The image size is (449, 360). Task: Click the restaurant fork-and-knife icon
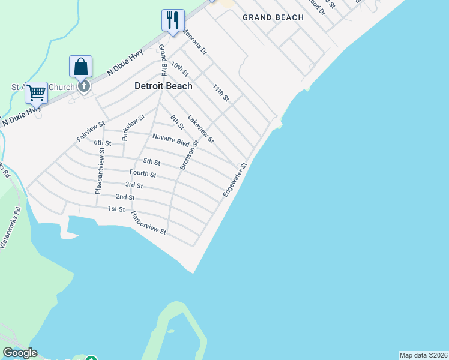click(x=173, y=20)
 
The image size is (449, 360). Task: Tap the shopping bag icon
click(x=80, y=67)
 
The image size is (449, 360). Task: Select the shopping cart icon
click(x=37, y=93)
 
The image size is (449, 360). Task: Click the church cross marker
click(x=84, y=86)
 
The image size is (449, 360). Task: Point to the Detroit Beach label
click(x=163, y=86)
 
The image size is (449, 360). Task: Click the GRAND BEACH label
click(x=273, y=17)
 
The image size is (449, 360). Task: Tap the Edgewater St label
click(x=235, y=180)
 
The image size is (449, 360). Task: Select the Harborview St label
click(x=148, y=223)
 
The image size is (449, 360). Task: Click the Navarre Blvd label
click(x=171, y=140)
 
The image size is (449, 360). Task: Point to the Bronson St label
click(x=188, y=155)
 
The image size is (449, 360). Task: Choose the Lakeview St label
click(x=200, y=129)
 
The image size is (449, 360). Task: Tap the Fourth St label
click(x=143, y=174)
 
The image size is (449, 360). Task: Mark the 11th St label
click(x=221, y=93)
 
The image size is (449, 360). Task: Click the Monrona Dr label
click(x=194, y=42)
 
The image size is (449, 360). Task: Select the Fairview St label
click(x=91, y=131)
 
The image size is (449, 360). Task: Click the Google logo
click(x=20, y=353)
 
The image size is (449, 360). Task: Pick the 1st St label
click(x=116, y=209)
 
